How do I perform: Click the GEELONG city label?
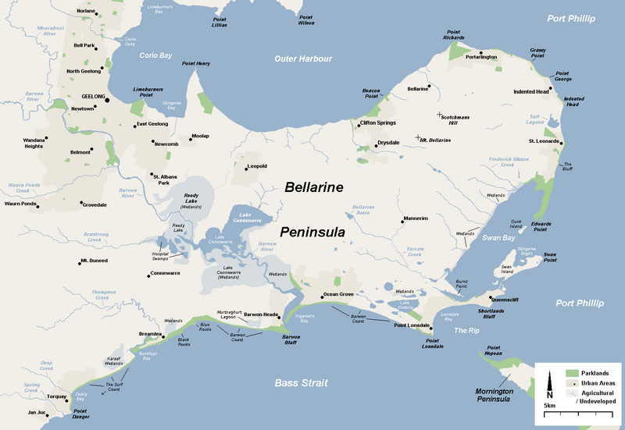coord(93,97)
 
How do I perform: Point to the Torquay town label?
coord(58,396)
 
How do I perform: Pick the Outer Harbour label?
coord(303,59)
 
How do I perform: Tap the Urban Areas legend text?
coord(598,383)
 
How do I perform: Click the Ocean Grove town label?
coord(338,294)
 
